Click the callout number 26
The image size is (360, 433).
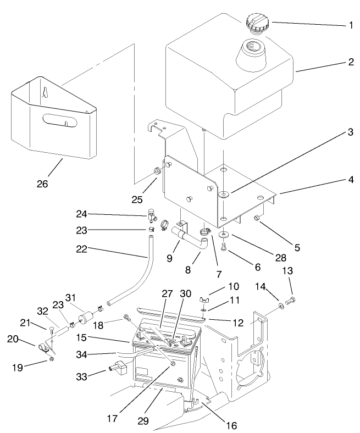point(42,184)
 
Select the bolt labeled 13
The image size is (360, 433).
point(291,301)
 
